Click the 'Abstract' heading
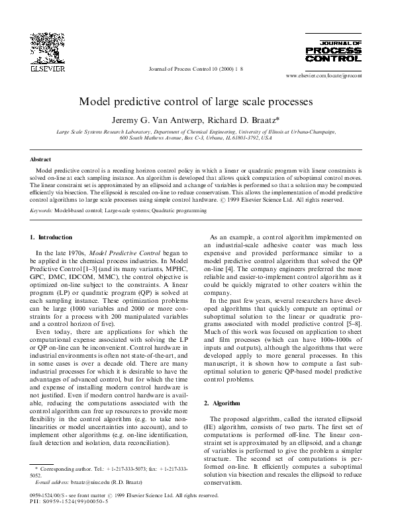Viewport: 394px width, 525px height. pyautogui.click(x=41, y=159)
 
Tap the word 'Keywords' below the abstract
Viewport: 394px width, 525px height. pyautogui.click(x=41, y=210)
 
